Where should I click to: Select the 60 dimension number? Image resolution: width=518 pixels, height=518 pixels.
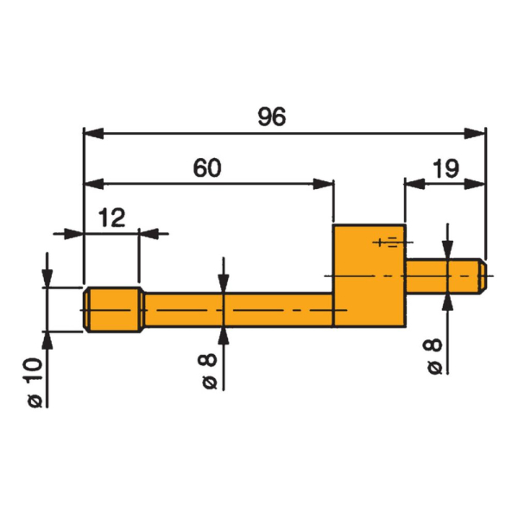pos(207,167)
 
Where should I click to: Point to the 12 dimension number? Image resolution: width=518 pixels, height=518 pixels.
pos(111,218)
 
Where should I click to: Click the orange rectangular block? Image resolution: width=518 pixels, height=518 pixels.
pos(369,275)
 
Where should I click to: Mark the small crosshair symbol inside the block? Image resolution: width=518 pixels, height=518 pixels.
pos(386,242)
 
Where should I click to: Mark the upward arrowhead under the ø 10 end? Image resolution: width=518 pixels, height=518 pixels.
pos(47,338)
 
